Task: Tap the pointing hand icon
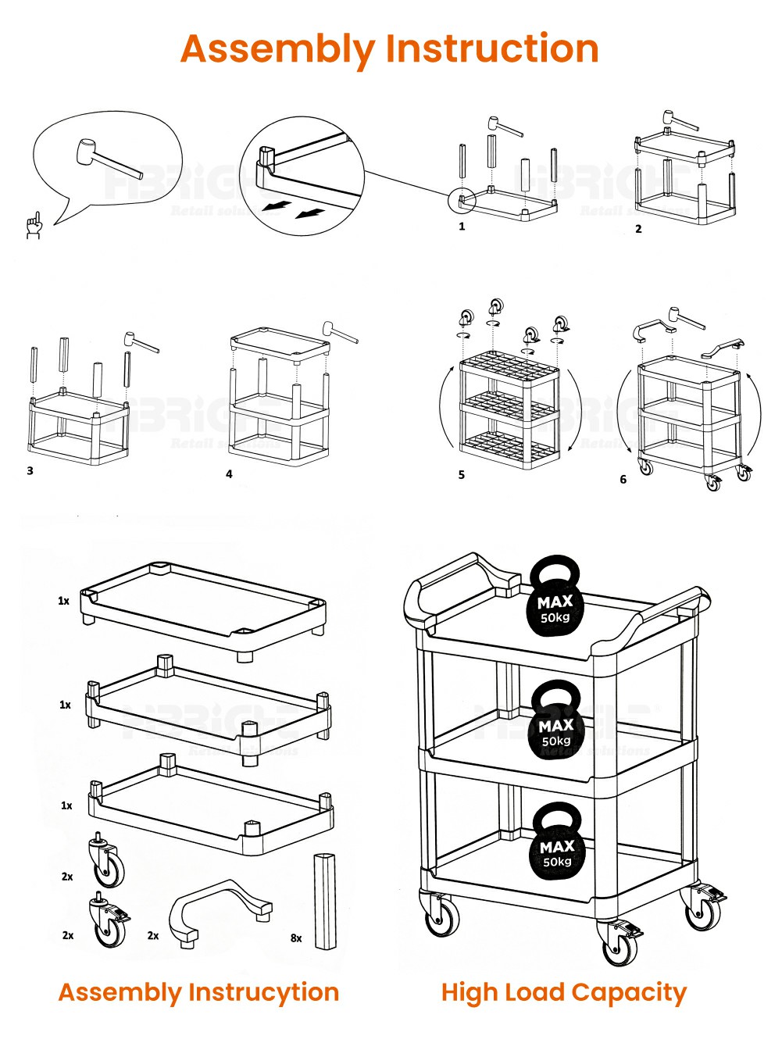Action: coord(34,225)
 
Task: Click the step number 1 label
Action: coord(462,227)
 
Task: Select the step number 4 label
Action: coord(229,474)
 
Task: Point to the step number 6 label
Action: coord(623,480)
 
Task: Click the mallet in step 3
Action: coord(140,342)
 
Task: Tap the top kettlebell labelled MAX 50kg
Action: coord(555,596)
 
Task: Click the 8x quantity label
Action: coord(296,938)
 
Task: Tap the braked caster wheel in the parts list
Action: coord(108,922)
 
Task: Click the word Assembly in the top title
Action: coord(277,48)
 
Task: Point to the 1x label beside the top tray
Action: coord(63,601)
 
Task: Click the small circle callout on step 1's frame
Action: coord(461,200)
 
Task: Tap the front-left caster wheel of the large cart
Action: coord(441,916)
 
